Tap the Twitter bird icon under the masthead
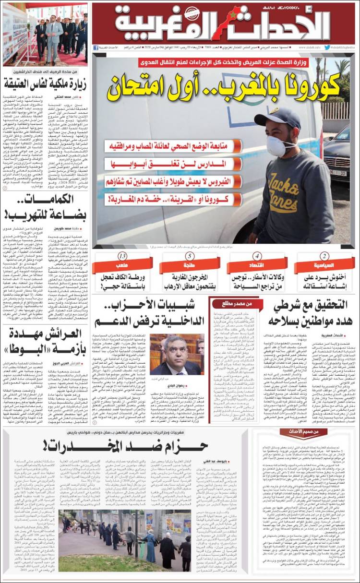tap(327, 48)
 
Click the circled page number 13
tap(123, 256)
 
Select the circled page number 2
tap(324, 256)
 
